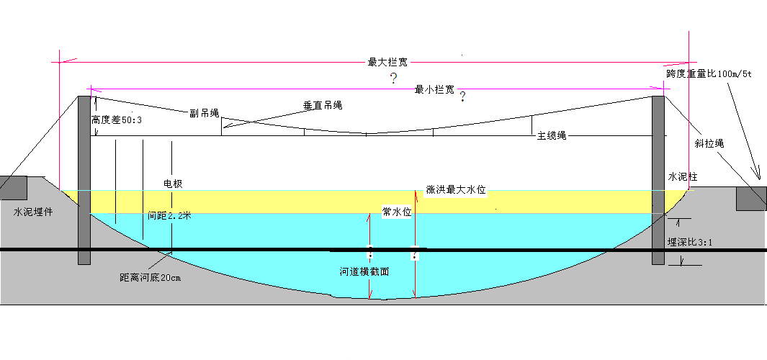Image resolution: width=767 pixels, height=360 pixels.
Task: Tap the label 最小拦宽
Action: (434, 89)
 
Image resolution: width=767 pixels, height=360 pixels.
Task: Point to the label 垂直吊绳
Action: (322, 105)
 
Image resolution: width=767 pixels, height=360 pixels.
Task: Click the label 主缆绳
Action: (552, 135)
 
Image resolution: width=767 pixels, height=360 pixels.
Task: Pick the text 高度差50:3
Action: (117, 120)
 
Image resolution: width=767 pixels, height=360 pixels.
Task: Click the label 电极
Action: (173, 184)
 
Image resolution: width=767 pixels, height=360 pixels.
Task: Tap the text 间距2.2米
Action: (169, 215)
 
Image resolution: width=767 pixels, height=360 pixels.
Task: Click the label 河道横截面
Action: (365, 272)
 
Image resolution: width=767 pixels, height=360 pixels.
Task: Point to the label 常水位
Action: (396, 212)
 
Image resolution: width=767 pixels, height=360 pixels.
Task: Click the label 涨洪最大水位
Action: (456, 189)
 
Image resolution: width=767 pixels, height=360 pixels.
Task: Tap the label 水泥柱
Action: (683, 176)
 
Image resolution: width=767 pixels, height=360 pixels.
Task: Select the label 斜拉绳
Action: (709, 143)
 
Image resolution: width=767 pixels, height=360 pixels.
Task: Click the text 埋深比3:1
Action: (690, 242)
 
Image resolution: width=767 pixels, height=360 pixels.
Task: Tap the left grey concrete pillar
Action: (84, 180)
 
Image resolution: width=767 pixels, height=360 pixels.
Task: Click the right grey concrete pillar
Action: (658, 180)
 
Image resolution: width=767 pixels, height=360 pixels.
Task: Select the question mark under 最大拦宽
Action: (393, 78)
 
